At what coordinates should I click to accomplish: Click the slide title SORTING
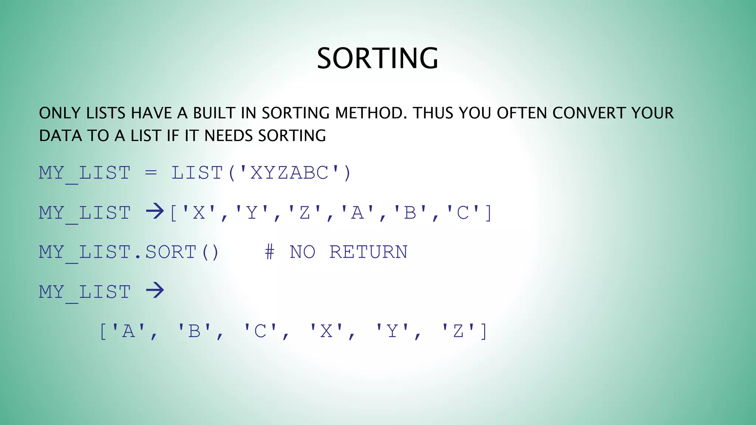point(378,58)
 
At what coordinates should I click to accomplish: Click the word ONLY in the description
point(59,113)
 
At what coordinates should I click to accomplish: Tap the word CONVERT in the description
point(589,113)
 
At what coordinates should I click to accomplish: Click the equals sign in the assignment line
point(151,172)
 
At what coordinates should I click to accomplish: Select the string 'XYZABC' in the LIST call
point(289,173)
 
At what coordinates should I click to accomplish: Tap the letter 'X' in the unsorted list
point(199,213)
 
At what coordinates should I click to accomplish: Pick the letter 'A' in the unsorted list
point(357,213)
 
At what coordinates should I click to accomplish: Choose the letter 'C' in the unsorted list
point(463,213)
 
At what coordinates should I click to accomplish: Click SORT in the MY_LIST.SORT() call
point(171,252)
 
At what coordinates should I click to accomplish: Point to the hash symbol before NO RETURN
point(269,252)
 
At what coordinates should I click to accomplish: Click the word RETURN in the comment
point(368,252)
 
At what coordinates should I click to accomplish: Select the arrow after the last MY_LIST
point(155,290)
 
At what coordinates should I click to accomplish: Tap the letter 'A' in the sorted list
point(128,331)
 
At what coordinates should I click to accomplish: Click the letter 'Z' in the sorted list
point(458,331)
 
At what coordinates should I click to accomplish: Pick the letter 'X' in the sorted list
point(326,331)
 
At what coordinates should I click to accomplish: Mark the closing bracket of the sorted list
point(484,331)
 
